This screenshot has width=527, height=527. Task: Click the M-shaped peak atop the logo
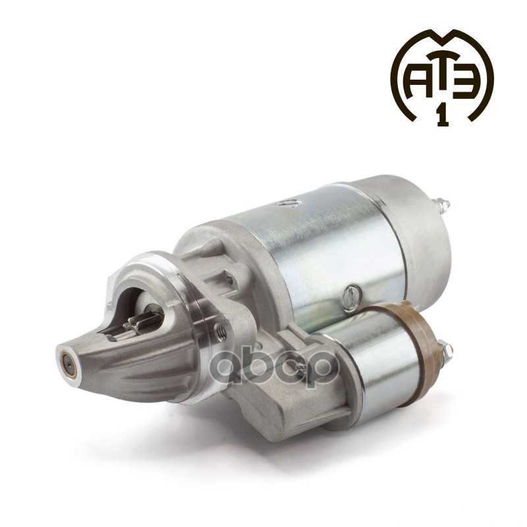click(x=442, y=40)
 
